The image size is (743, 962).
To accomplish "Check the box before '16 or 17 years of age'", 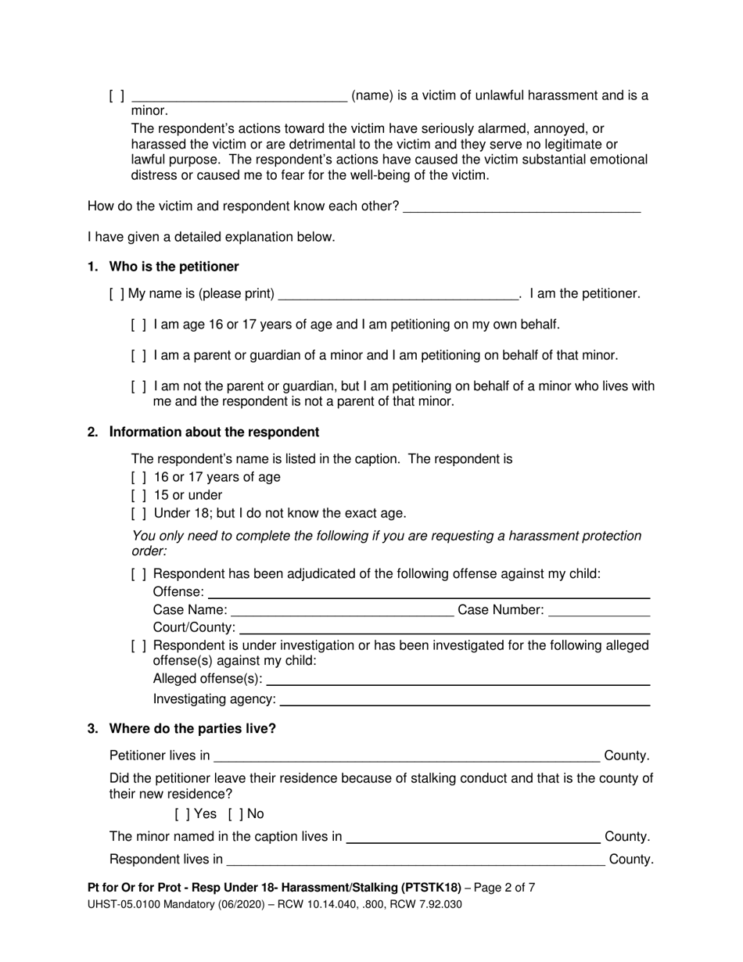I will pyautogui.click(x=138, y=477).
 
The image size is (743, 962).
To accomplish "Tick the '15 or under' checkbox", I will pyautogui.click(x=138, y=495).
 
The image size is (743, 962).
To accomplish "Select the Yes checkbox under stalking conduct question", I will pyautogui.click(x=181, y=814).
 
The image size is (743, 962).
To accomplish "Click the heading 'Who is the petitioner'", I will pyautogui.click(x=174, y=267).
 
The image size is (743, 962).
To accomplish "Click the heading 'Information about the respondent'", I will pyautogui.click(x=214, y=432).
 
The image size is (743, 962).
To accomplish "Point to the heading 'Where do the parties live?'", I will pyautogui.click(x=192, y=729).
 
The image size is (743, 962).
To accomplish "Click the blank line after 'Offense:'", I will pyautogui.click(x=429, y=592).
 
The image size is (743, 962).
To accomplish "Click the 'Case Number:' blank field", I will pyautogui.click(x=599, y=610).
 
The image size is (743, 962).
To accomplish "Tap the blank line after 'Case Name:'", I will pyautogui.click(x=342, y=610).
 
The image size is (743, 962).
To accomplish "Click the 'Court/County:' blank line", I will pyautogui.click(x=444, y=628).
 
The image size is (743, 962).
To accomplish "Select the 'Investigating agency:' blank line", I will pyautogui.click(x=465, y=699).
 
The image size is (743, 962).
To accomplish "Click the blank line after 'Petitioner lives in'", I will pyautogui.click(x=407, y=756).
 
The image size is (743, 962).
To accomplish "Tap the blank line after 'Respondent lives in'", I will pyautogui.click(x=415, y=860).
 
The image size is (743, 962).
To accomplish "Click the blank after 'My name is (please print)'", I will pyautogui.click(x=398, y=294).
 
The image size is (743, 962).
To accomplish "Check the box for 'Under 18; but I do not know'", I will pyautogui.click(x=138, y=514).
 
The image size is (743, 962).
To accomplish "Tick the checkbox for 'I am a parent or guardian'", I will pyautogui.click(x=138, y=356).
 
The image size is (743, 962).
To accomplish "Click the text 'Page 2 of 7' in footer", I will pyautogui.click(x=502, y=888).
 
